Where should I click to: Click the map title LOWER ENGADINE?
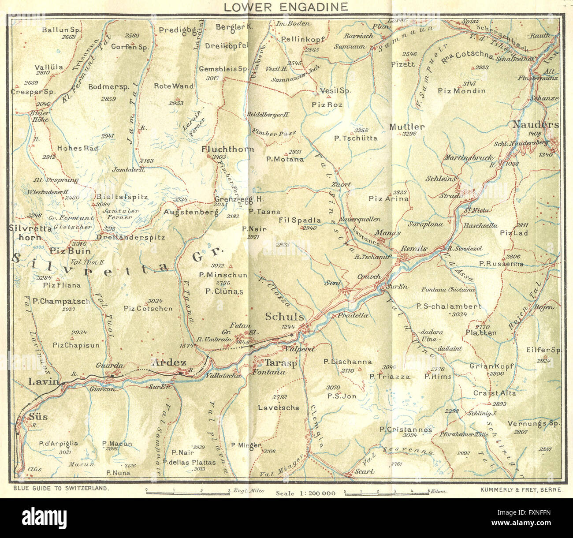[x=286, y=7]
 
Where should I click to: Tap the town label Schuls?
[x=284, y=317]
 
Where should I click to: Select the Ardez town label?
[x=169, y=362]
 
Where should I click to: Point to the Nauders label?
[x=535, y=125]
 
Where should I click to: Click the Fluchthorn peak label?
[x=227, y=149]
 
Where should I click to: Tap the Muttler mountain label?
[x=407, y=127]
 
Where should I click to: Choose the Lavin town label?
[x=44, y=381]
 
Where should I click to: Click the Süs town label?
[x=38, y=416]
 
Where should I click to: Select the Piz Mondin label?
[x=461, y=91]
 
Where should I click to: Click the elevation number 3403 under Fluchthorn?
[x=219, y=157]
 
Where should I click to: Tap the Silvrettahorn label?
[x=30, y=232]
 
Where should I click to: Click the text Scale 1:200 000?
[x=305, y=493]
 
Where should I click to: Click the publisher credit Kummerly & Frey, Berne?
[x=520, y=489]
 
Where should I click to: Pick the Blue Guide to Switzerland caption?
[x=61, y=489]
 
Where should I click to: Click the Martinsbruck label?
[x=468, y=157]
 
